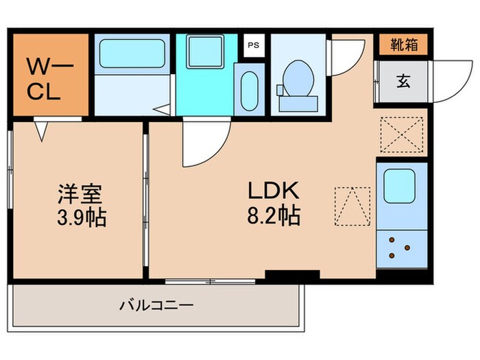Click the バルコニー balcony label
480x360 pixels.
pos(157,304)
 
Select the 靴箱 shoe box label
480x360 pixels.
pos(404,45)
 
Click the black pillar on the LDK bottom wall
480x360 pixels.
pos(292,276)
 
